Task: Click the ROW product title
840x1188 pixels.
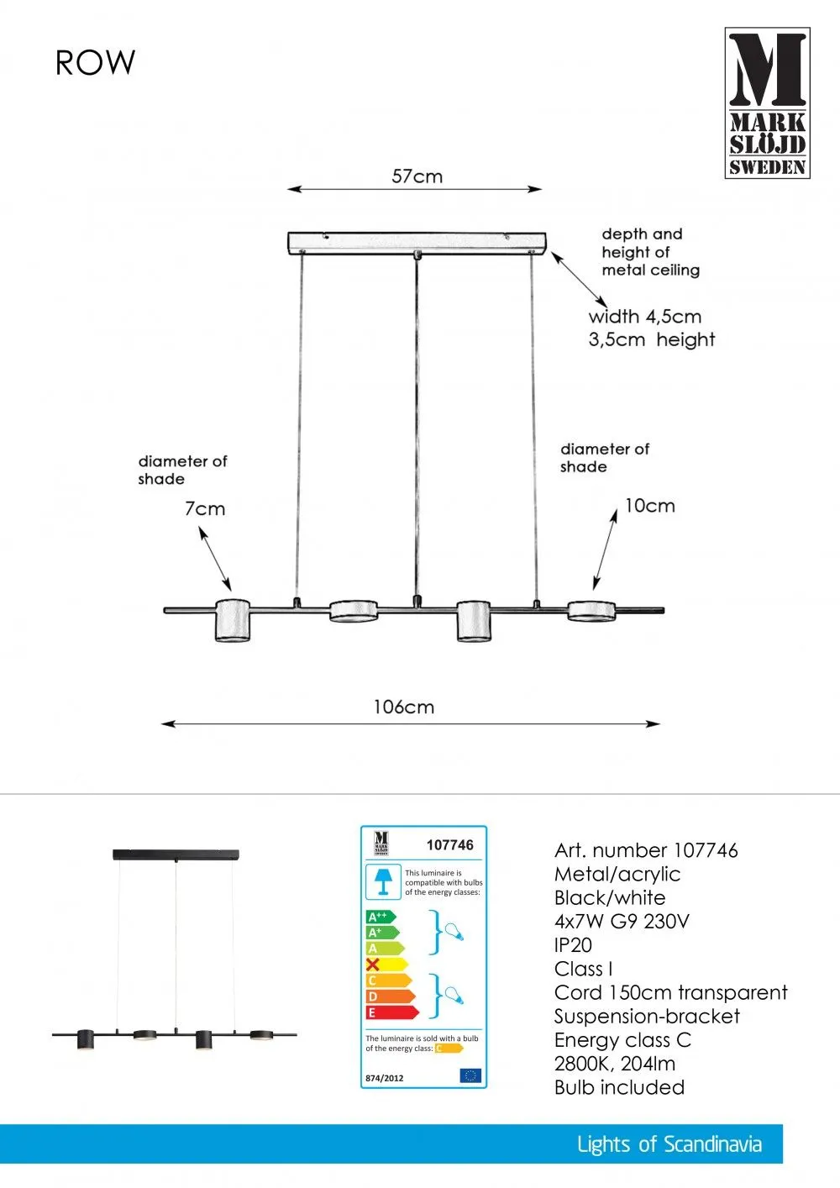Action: tap(95, 63)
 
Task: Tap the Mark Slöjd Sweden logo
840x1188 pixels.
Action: tap(767, 103)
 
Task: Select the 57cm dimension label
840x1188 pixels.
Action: tap(417, 176)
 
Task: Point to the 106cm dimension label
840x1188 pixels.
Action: tap(404, 707)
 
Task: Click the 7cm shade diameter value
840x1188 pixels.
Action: tap(205, 509)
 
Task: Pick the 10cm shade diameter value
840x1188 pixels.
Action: tap(649, 506)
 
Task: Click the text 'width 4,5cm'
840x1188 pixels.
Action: tap(644, 317)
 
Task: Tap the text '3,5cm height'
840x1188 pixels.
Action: tap(651, 339)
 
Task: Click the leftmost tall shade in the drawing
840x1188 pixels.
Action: tap(234, 621)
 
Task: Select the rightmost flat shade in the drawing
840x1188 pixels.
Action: tap(591, 611)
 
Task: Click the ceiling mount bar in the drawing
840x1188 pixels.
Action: tap(417, 243)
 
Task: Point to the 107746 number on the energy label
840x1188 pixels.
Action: tap(450, 845)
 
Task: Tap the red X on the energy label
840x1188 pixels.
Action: tap(374, 965)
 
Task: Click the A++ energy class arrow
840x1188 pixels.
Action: tap(380, 917)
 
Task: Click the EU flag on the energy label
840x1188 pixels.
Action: tap(470, 1075)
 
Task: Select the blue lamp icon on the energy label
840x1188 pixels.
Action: tap(383, 881)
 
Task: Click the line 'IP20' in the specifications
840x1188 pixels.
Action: tap(573, 945)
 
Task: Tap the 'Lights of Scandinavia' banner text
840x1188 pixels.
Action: tap(669, 1144)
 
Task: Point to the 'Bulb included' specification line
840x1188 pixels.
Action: tap(619, 1087)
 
